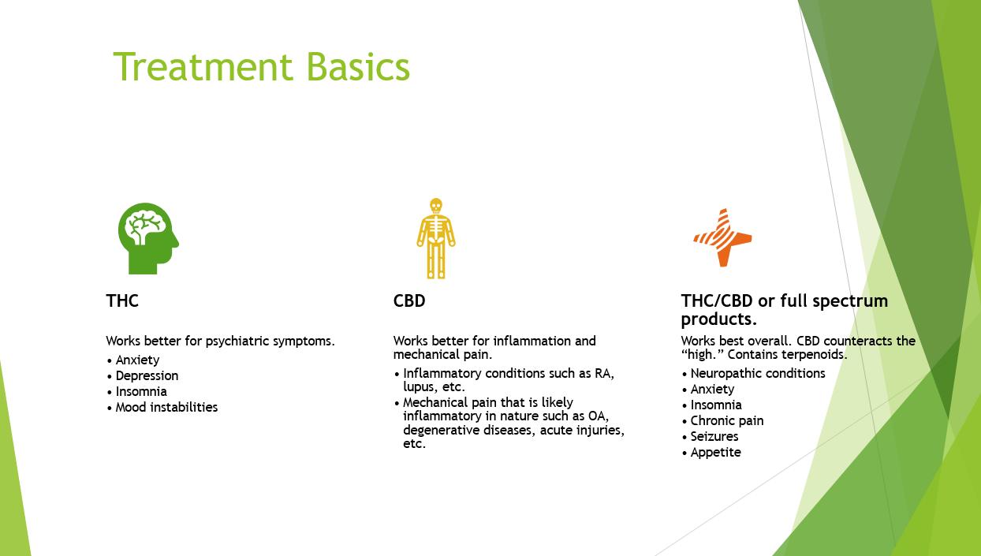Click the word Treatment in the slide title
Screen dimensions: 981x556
[x=203, y=66]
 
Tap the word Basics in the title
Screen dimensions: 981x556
[x=358, y=66]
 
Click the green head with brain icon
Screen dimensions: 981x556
[x=148, y=238]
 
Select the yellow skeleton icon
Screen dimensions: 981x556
[x=436, y=238]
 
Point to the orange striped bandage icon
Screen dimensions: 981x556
[x=722, y=237]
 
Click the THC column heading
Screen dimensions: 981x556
[x=122, y=301]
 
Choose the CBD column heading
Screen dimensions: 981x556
[x=409, y=301]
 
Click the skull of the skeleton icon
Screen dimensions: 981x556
[x=436, y=206]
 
